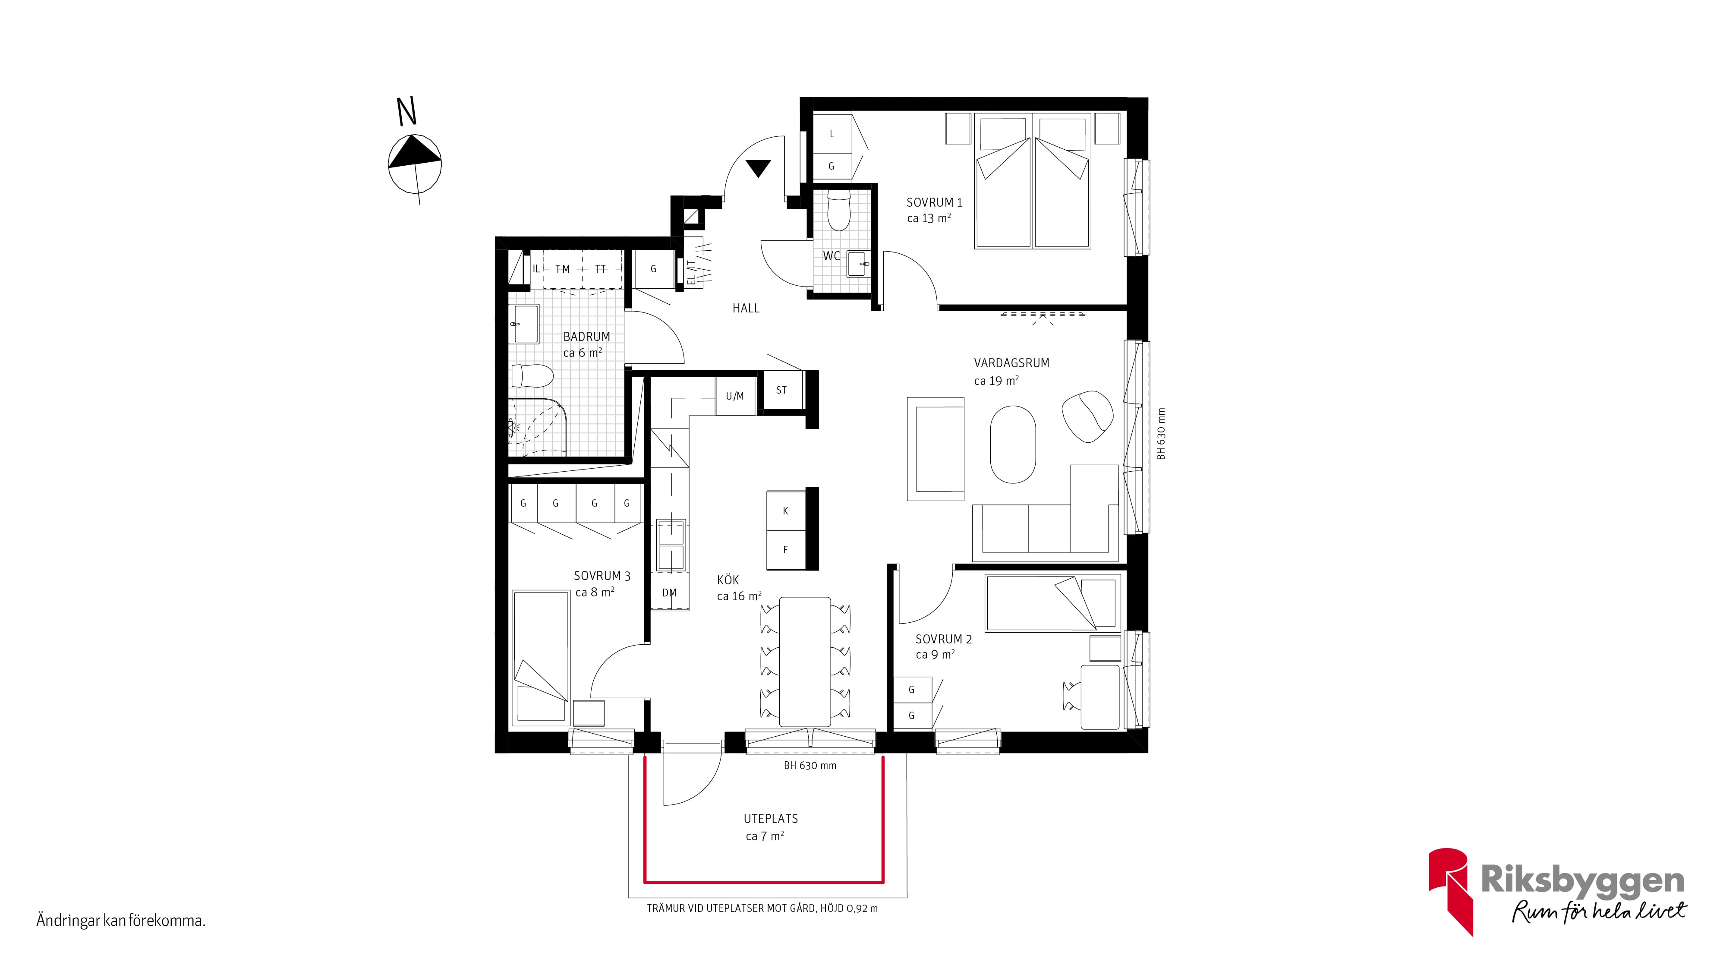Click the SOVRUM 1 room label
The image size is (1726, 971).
pyautogui.click(x=934, y=202)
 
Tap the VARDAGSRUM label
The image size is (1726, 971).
pyautogui.click(x=1011, y=363)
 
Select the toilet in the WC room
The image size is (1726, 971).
pyautogui.click(x=839, y=210)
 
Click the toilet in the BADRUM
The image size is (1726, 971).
pyautogui.click(x=532, y=376)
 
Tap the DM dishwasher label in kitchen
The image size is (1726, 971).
pyautogui.click(x=669, y=593)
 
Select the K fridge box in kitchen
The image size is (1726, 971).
pyautogui.click(x=786, y=511)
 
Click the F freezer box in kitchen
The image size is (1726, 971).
pyautogui.click(x=786, y=549)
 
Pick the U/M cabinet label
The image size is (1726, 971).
pyautogui.click(x=735, y=396)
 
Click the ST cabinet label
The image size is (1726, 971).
pyautogui.click(x=781, y=390)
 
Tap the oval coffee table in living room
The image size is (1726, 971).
pyautogui.click(x=1013, y=445)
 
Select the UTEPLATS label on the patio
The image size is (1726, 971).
pyautogui.click(x=771, y=819)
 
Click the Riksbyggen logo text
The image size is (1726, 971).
pyautogui.click(x=1582, y=880)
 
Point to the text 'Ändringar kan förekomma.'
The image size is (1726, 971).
pyautogui.click(x=121, y=921)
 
